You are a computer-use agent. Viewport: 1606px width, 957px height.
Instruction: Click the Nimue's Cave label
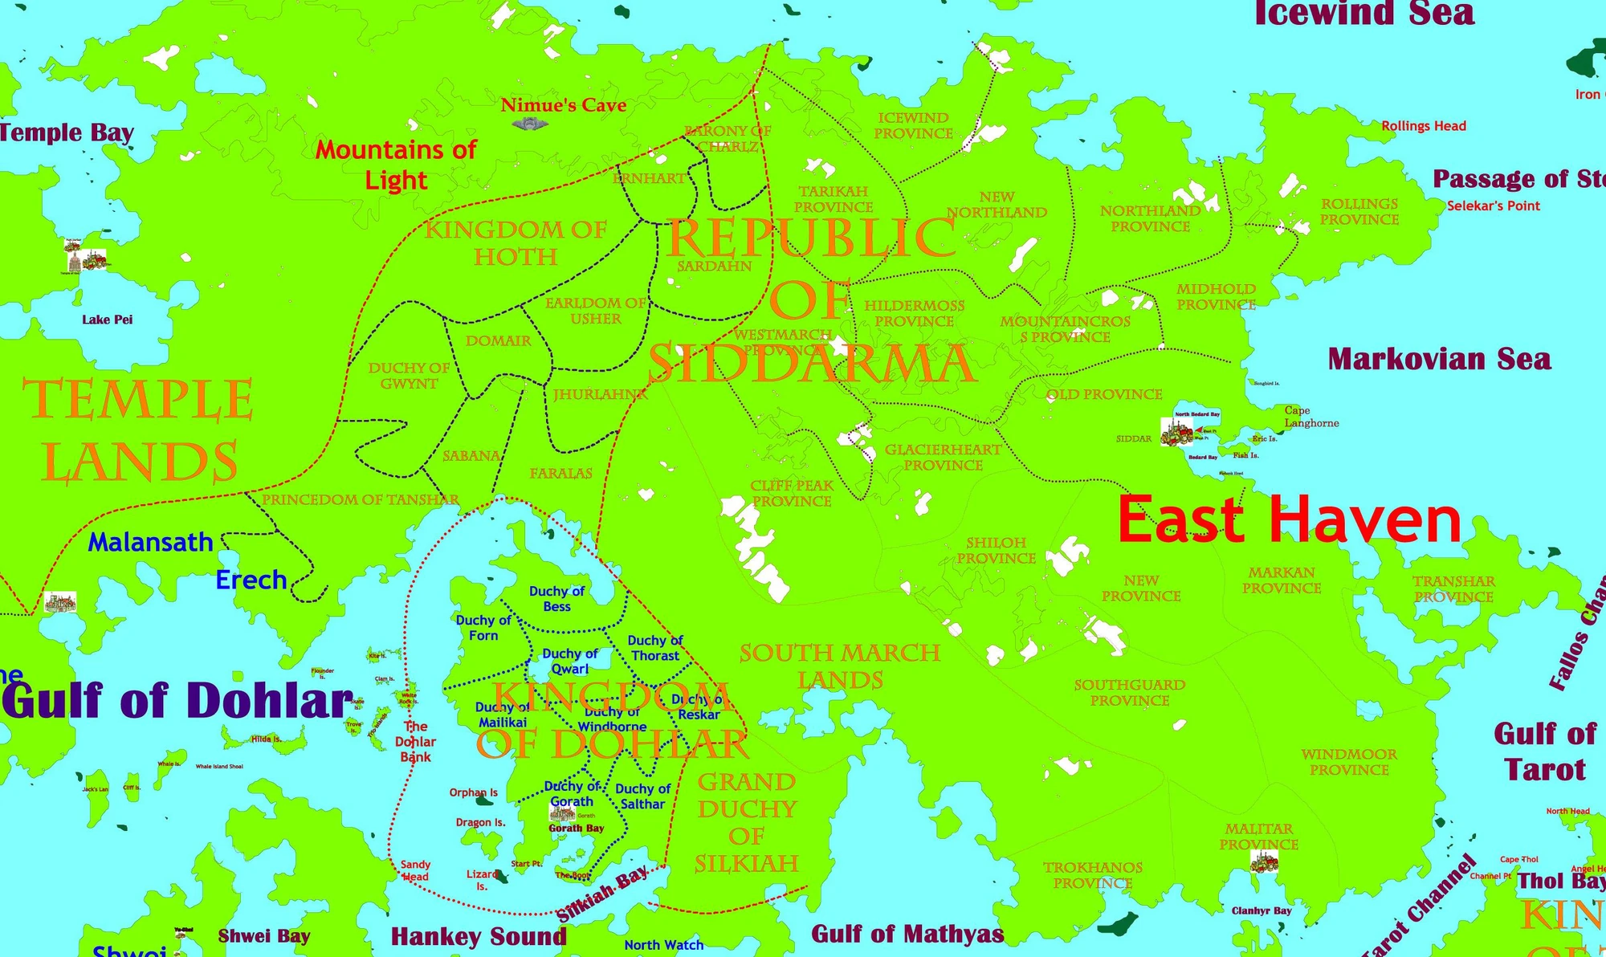[x=563, y=105]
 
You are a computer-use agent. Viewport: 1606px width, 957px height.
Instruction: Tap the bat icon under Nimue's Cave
[x=529, y=124]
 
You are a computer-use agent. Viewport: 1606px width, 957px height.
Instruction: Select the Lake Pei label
[x=107, y=320]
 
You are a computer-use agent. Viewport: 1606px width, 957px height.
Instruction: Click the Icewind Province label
[x=913, y=126]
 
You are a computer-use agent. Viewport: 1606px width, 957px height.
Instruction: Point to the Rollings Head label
[x=1423, y=126]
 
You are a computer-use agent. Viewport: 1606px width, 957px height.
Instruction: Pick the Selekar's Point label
[x=1493, y=206]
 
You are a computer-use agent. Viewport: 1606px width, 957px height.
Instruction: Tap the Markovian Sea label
[x=1439, y=359]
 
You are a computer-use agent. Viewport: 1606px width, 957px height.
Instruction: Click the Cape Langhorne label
[x=1310, y=417]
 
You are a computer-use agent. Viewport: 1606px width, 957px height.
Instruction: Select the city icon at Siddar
[x=1177, y=432]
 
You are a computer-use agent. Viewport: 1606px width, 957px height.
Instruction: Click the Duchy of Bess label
[x=556, y=599]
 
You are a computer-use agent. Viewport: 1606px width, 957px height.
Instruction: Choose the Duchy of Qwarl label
[x=569, y=662]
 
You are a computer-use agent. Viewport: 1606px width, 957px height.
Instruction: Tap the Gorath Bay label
[x=576, y=829]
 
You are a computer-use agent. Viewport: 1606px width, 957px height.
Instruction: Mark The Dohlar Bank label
[x=415, y=742]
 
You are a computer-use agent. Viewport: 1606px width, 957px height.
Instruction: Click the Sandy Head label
[x=415, y=870]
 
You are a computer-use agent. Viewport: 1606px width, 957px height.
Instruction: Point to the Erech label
[x=251, y=580]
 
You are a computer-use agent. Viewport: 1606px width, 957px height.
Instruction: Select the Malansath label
[x=150, y=542]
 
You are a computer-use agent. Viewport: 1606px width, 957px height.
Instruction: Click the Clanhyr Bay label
[x=1262, y=910]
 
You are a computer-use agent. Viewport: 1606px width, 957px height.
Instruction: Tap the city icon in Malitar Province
[x=1264, y=862]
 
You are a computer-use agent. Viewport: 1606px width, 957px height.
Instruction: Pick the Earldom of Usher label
[x=595, y=311]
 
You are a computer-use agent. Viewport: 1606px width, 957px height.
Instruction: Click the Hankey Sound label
[x=479, y=936]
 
